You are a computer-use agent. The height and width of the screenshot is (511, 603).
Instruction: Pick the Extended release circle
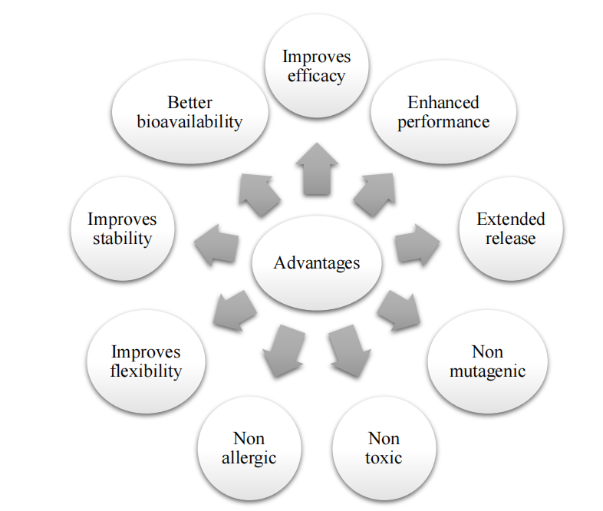tap(510, 229)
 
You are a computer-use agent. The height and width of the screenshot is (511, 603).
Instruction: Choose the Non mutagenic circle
tap(487, 361)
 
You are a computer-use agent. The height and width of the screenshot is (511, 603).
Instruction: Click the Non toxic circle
tap(384, 448)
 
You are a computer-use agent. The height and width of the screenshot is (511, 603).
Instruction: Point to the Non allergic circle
tap(249, 448)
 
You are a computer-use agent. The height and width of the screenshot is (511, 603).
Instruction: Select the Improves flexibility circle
tap(145, 361)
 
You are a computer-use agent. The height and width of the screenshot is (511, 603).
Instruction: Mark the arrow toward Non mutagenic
tap(399, 308)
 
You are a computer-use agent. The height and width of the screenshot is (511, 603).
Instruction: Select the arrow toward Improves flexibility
tap(231, 308)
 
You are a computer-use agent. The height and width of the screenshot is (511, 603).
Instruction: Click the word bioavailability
tap(189, 122)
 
